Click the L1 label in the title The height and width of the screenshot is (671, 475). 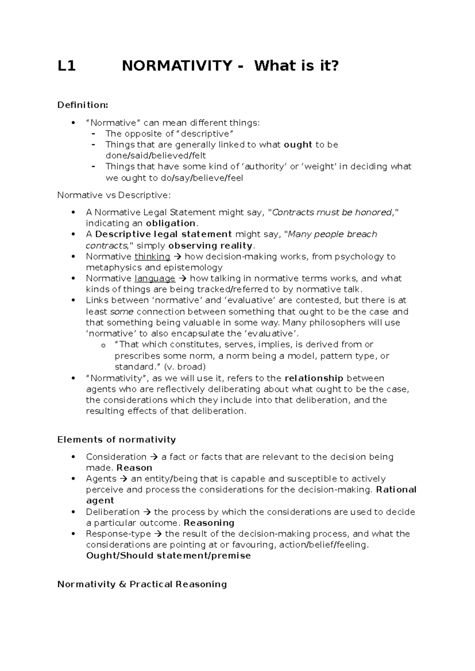66,66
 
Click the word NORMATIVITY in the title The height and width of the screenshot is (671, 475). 177,66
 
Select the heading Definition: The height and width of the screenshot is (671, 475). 82,105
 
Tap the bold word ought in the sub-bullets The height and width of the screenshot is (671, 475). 298,145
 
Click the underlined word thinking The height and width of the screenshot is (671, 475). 152,257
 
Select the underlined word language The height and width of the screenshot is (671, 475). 155,279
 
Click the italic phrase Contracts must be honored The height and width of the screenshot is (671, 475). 332,212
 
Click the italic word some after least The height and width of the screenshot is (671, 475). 122,312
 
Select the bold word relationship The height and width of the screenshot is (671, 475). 314,378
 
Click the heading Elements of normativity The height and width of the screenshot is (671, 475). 116,440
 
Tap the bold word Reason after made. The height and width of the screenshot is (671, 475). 134,468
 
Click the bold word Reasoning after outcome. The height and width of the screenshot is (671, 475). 209,523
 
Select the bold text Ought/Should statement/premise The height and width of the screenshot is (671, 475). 168,555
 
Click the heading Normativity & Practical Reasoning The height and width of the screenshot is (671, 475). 142,584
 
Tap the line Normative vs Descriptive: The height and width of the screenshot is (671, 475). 114,195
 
